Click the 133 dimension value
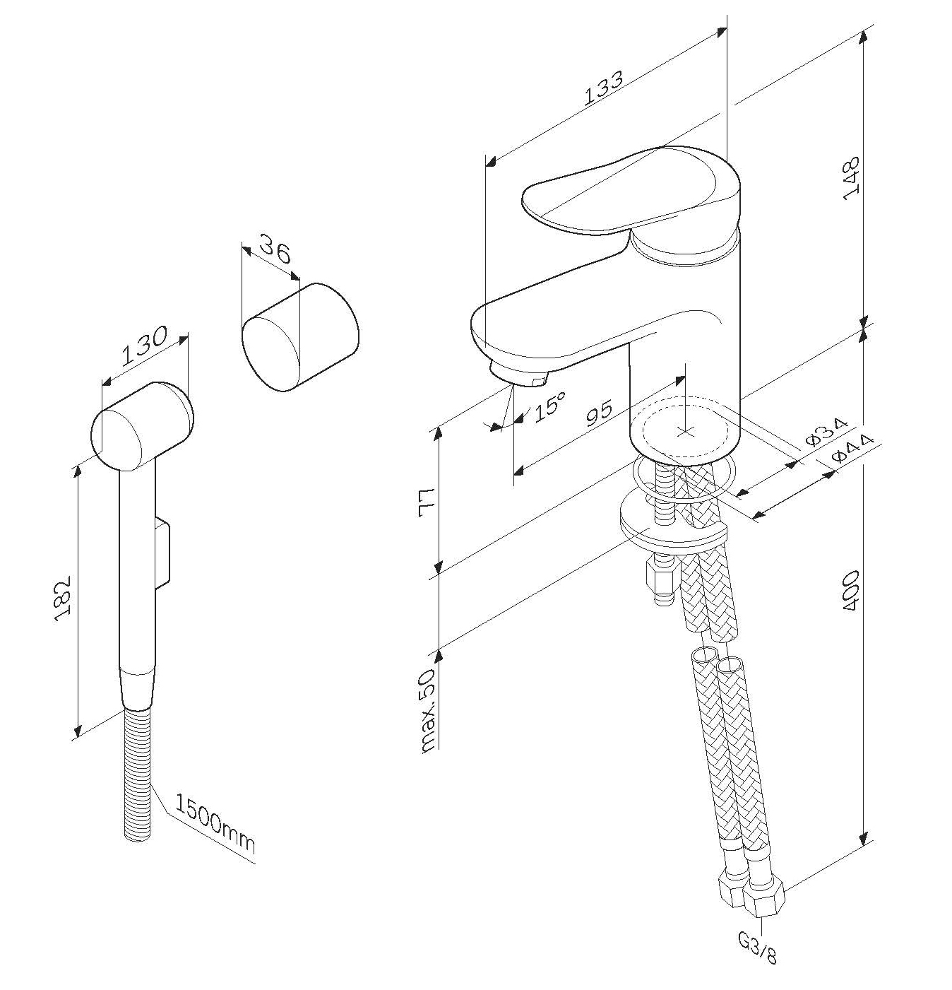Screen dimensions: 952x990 603,88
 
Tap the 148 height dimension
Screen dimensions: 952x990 851,178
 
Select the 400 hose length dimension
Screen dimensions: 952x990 851,591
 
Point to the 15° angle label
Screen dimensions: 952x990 549,406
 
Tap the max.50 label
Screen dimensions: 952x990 427,711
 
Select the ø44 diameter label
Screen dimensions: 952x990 853,448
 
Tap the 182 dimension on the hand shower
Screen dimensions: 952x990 63,599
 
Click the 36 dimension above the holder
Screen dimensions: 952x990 275,248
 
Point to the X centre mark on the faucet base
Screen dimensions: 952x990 686,432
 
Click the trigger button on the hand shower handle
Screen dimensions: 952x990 162,551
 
